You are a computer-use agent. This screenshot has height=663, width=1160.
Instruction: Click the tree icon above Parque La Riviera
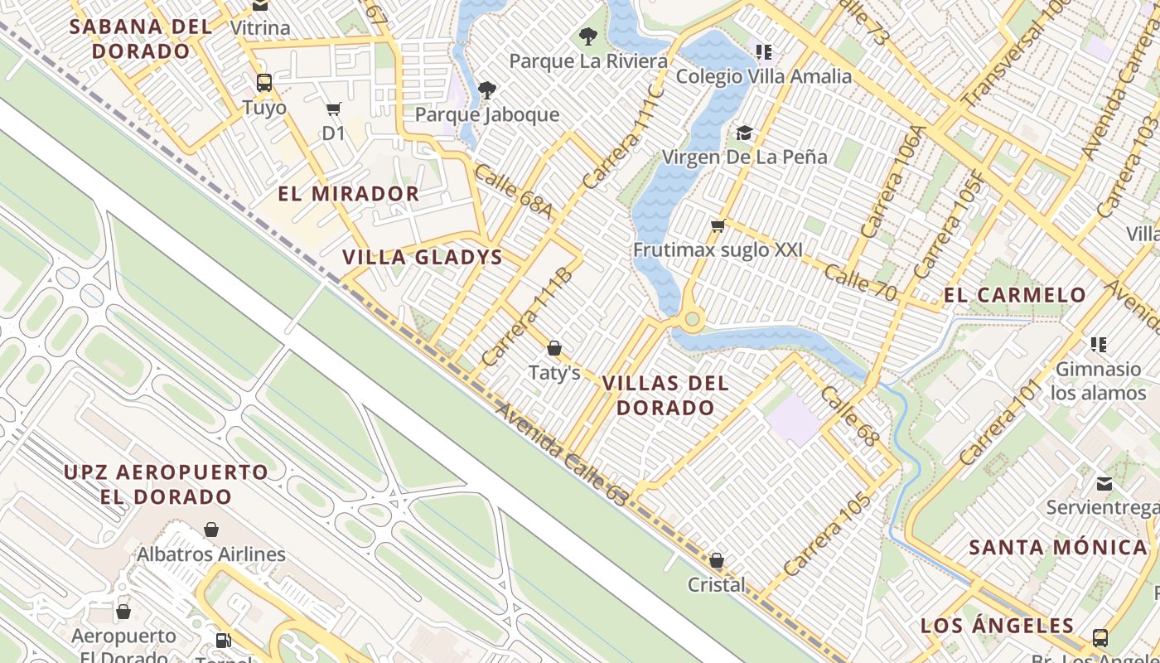tap(588, 36)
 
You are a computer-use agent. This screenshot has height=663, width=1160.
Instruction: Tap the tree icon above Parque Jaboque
tap(487, 90)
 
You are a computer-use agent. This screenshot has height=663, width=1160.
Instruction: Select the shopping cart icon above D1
tap(334, 109)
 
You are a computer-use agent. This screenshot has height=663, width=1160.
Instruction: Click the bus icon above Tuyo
tap(264, 83)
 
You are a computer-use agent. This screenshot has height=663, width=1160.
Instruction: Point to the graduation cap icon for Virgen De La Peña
tap(744, 133)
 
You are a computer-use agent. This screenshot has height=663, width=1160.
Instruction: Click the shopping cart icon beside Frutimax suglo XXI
tap(718, 225)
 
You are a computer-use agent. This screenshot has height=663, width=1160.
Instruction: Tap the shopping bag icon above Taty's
tap(554, 348)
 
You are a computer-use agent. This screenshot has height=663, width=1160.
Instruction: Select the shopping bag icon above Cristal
tap(717, 561)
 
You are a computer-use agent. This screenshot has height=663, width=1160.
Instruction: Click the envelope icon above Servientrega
tap(1104, 483)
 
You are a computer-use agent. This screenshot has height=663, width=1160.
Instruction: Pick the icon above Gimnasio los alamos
tap(1099, 345)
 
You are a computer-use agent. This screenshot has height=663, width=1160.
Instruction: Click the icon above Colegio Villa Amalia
tap(764, 52)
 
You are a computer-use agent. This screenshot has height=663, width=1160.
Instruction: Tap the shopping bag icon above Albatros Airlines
tap(211, 530)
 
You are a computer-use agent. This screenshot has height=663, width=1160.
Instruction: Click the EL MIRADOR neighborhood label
tap(348, 194)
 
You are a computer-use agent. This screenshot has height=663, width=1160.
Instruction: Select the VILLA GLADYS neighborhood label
tap(423, 257)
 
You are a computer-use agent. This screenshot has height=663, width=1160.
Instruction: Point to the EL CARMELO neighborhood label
tap(1015, 295)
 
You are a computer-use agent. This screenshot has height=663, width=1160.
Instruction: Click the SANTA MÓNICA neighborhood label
tap(1058, 547)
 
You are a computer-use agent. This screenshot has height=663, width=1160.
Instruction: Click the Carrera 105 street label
tap(828, 535)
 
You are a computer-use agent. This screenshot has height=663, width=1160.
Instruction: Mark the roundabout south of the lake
tap(693, 318)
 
